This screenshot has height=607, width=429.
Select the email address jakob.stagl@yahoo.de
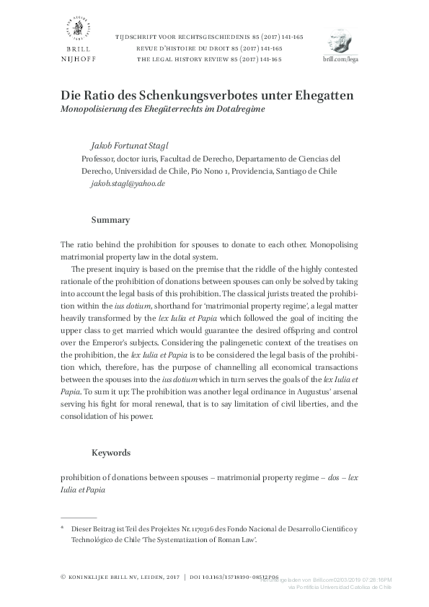[x=128, y=184]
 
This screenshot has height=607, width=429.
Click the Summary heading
[x=110, y=219]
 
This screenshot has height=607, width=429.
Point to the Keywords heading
[x=111, y=453]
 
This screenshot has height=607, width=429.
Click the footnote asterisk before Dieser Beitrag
[x=63, y=528]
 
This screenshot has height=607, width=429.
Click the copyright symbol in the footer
[x=63, y=577]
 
